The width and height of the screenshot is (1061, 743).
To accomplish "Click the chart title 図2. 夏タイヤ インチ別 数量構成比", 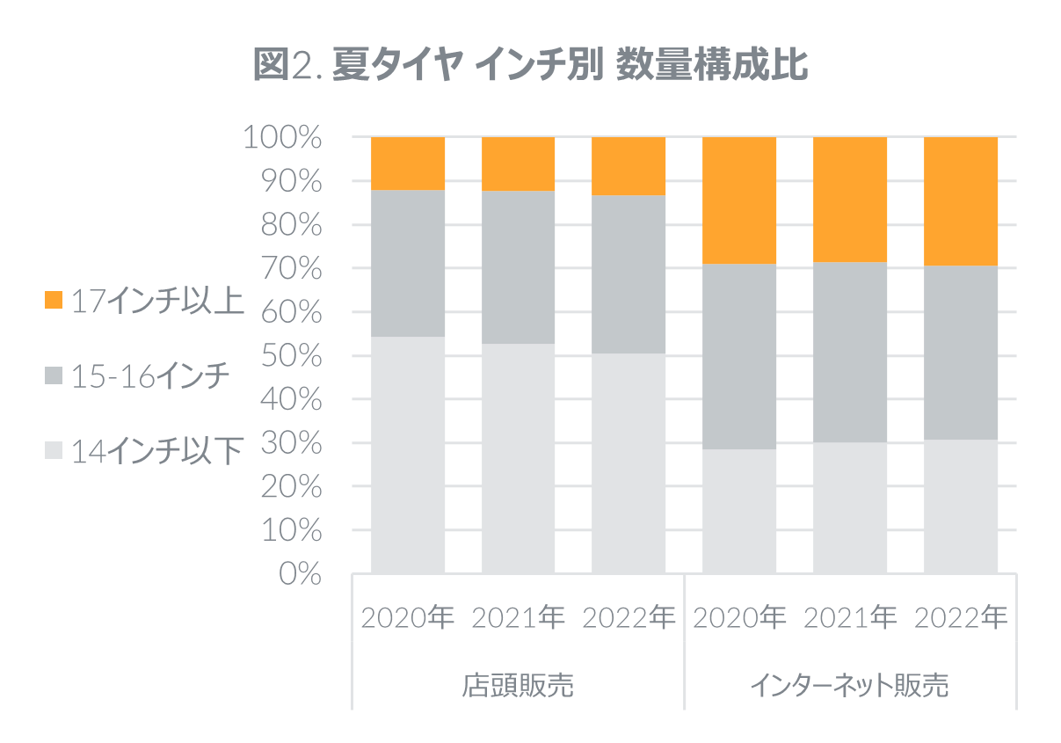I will (530, 66).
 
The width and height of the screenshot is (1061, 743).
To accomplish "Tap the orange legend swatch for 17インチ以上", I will (54, 301).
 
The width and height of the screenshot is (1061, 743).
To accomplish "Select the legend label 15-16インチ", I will (150, 377).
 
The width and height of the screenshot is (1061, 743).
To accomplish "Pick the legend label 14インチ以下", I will (156, 452).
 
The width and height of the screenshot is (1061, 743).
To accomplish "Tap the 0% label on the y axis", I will (299, 574).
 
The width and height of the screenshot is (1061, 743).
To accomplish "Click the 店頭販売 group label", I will (518, 686).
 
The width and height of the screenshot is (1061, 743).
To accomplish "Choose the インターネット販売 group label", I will (850, 686).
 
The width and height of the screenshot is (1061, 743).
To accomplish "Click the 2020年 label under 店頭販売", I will (408, 618).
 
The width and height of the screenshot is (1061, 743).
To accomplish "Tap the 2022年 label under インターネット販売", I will (961, 618).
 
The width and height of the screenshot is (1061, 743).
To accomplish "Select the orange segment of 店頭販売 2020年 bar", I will (408, 164).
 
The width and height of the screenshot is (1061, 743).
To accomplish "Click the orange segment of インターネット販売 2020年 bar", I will (740, 200).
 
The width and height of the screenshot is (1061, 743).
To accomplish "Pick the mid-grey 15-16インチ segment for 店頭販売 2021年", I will (519, 266).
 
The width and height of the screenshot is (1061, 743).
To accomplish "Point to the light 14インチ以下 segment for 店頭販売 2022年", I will (629, 463).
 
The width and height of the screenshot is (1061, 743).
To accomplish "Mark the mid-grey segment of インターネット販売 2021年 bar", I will (850, 352).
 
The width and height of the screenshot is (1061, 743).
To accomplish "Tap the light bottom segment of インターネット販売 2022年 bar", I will (961, 506).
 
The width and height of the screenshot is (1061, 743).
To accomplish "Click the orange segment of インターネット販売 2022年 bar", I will (961, 200).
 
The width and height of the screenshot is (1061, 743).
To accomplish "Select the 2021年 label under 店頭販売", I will (519, 618).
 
